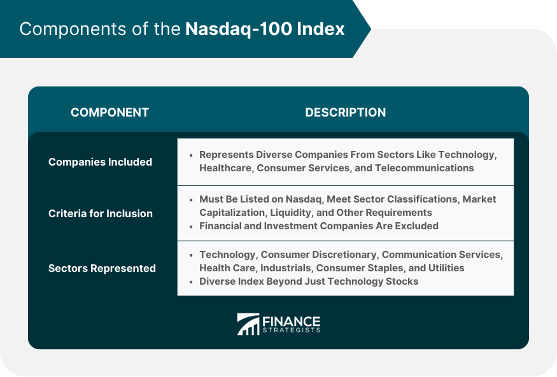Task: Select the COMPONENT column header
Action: pos(109,112)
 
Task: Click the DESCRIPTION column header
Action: pos(345,112)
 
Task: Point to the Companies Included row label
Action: pos(100,162)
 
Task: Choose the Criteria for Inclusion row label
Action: pos(101,213)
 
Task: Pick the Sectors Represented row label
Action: pos(102,268)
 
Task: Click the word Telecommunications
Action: pos(424,167)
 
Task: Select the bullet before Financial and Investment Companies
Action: pos(191,226)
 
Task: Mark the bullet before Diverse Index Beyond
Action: pos(191,281)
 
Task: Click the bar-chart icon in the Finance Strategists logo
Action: pos(248,324)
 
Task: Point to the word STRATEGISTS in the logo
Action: pos(292,330)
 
